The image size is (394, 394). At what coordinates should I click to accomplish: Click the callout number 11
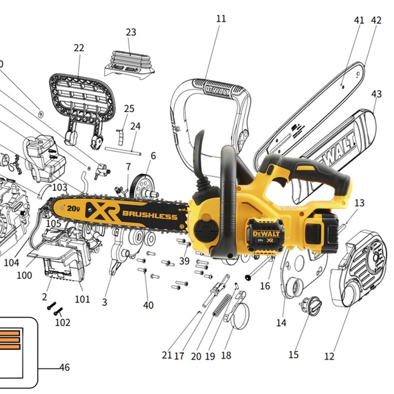click(x=221, y=19)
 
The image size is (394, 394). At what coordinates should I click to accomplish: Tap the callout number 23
click(x=131, y=32)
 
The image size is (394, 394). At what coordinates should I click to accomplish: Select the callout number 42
click(x=376, y=20)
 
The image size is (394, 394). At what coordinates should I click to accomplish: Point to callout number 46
click(x=64, y=367)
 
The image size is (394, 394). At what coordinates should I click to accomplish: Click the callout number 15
click(x=293, y=355)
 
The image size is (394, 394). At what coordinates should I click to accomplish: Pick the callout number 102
click(x=62, y=322)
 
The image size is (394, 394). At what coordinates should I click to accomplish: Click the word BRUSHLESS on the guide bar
click(x=150, y=215)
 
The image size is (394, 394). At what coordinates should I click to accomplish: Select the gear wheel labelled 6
click(x=142, y=184)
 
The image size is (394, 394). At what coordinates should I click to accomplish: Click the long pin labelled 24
click(x=124, y=149)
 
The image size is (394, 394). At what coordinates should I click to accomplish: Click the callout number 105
click(x=53, y=224)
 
